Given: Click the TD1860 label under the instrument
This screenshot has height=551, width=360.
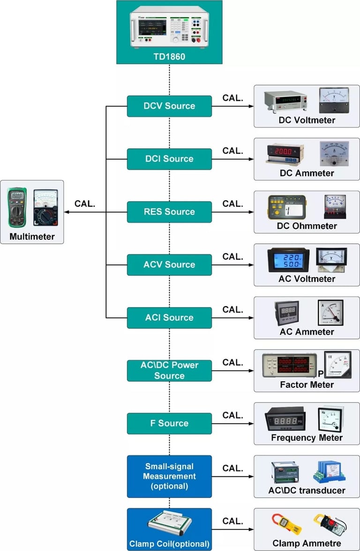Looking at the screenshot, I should click(169, 56).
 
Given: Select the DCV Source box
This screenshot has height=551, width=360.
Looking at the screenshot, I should click(169, 106).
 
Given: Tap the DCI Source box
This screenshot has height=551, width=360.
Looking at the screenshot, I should click(169, 159).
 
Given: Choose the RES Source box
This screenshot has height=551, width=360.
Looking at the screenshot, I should click(169, 212).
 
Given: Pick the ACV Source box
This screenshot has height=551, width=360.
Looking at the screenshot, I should click(169, 265).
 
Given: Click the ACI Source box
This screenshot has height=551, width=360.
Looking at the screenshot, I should click(169, 318).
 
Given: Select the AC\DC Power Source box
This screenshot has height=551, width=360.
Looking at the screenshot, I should click(169, 370).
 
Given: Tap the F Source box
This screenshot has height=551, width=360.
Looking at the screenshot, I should click(169, 423).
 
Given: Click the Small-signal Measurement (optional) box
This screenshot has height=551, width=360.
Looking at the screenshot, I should click(169, 476).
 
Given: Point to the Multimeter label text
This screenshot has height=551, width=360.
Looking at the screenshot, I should click(32, 236).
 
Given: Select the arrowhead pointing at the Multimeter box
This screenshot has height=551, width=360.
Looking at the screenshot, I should click(67, 212).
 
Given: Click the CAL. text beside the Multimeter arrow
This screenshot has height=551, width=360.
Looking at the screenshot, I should click(85, 204).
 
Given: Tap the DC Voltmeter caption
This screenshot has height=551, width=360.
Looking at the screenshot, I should click(307, 121).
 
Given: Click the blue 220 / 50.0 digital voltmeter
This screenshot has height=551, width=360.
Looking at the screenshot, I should click(288, 260).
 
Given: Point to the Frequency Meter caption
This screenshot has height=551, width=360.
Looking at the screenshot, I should click(307, 438).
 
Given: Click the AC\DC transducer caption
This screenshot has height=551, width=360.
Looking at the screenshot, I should click(307, 491).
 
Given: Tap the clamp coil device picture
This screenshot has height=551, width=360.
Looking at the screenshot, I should click(169, 526).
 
